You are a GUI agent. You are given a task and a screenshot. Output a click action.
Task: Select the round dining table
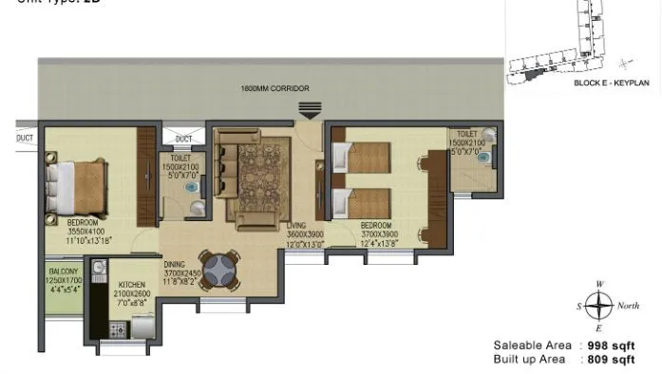point(218,269)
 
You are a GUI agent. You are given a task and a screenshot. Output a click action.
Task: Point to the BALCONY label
point(65,271)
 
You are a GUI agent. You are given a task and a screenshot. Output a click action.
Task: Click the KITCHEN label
point(133,284)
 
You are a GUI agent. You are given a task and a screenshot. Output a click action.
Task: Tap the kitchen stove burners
point(119,330)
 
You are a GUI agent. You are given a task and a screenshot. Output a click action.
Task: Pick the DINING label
point(175,264)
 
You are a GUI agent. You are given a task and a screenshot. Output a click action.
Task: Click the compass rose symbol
point(598,306)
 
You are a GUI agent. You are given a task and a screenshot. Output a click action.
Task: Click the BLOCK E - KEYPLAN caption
point(611,84)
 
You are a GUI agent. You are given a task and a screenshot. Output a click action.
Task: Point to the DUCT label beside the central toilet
point(183,139)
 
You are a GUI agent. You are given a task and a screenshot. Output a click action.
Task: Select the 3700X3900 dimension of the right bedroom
point(379,234)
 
